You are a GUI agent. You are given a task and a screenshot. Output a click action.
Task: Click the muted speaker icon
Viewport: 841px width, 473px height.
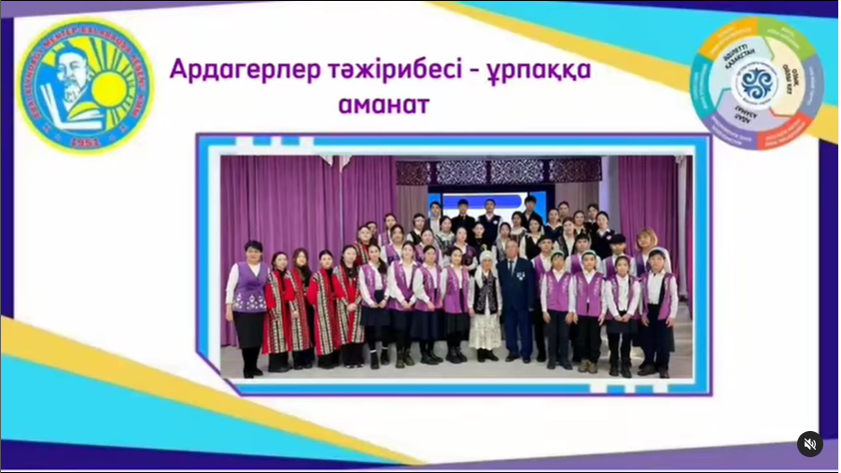pyautogui.click(x=809, y=444)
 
